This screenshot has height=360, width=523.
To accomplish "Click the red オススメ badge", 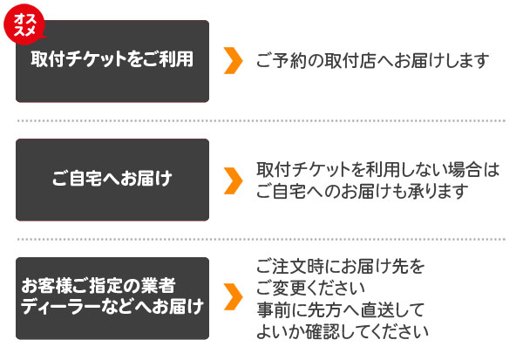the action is click(24, 24).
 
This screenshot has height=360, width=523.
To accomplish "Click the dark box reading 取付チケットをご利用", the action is click(112, 61).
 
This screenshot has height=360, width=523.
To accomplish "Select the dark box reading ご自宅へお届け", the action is click(112, 180).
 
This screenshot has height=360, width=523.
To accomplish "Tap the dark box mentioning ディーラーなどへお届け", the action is click(112, 298).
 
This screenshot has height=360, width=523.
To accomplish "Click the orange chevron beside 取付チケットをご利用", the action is click(233, 60).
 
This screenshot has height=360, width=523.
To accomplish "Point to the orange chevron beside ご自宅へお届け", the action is click(233, 180).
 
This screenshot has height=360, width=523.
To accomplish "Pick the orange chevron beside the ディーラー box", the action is click(233, 296).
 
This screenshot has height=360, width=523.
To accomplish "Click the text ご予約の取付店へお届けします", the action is click(372, 61).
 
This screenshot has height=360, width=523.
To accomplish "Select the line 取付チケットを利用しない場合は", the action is click(378, 169).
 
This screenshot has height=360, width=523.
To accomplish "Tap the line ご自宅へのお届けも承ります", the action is click(363, 192).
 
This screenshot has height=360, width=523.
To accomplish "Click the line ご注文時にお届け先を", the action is click(341, 266).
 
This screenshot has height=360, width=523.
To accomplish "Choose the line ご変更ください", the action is click(310, 288).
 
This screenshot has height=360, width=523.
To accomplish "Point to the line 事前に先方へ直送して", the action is click(340, 309).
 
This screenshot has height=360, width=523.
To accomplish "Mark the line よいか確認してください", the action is click(343, 331).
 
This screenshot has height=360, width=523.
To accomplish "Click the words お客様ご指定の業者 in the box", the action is click(98, 285).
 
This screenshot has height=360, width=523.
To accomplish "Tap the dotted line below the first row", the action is click(261, 121).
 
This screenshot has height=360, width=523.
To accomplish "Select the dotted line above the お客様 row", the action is click(261, 239).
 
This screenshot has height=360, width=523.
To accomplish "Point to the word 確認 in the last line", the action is click(323, 331).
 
